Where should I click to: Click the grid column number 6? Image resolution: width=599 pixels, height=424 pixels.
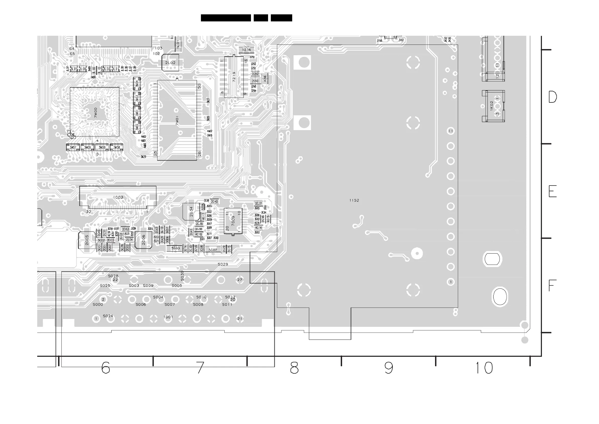106,368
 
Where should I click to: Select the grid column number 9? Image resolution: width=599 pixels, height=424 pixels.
389,368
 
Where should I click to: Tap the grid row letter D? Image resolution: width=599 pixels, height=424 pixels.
552,97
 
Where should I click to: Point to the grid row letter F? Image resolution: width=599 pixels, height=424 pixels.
552,286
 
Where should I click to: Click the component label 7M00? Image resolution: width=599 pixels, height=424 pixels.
96,112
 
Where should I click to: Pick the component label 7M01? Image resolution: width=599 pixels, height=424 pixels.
177,121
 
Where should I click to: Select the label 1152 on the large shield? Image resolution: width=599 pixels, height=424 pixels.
354,200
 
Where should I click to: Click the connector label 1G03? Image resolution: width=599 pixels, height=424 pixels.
118,197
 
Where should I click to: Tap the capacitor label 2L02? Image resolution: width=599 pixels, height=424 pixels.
170,63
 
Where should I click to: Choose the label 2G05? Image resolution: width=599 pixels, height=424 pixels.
87,240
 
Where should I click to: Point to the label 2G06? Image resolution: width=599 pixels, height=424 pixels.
144,240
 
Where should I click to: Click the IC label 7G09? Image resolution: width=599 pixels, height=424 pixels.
233,221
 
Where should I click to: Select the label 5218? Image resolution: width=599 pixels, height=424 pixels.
246,50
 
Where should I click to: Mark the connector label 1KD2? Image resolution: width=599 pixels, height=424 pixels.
492,106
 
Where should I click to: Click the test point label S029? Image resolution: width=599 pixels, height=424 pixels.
223,264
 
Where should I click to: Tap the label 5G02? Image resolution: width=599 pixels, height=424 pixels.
213,250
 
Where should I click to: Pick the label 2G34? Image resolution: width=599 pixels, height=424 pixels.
191,211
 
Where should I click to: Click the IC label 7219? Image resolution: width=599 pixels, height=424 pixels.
234,77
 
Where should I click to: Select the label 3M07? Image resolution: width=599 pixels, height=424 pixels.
73,147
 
